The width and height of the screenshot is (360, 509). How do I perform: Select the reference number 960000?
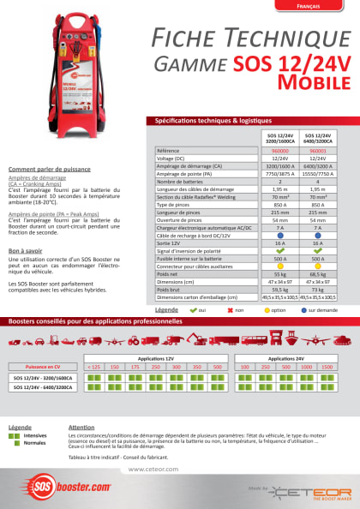pyautogui.click(x=279, y=149)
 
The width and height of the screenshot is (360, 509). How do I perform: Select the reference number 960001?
pyautogui.click(x=317, y=149)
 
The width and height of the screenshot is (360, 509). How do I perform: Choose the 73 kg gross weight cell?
pyautogui.click(x=317, y=289)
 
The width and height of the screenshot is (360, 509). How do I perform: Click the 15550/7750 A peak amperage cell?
pyautogui.click(x=317, y=173)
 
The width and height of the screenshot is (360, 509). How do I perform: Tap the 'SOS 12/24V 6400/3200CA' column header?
pyautogui.click(x=317, y=138)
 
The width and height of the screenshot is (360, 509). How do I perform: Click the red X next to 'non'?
pyautogui.click(x=229, y=308)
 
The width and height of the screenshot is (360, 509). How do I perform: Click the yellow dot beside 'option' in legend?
pyautogui.click(x=267, y=308)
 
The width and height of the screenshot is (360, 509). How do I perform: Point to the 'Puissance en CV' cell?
pyautogui.click(x=44, y=366)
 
